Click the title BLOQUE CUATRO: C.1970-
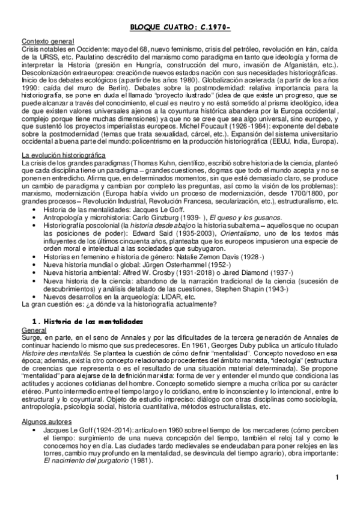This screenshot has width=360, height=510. click(180, 26)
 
